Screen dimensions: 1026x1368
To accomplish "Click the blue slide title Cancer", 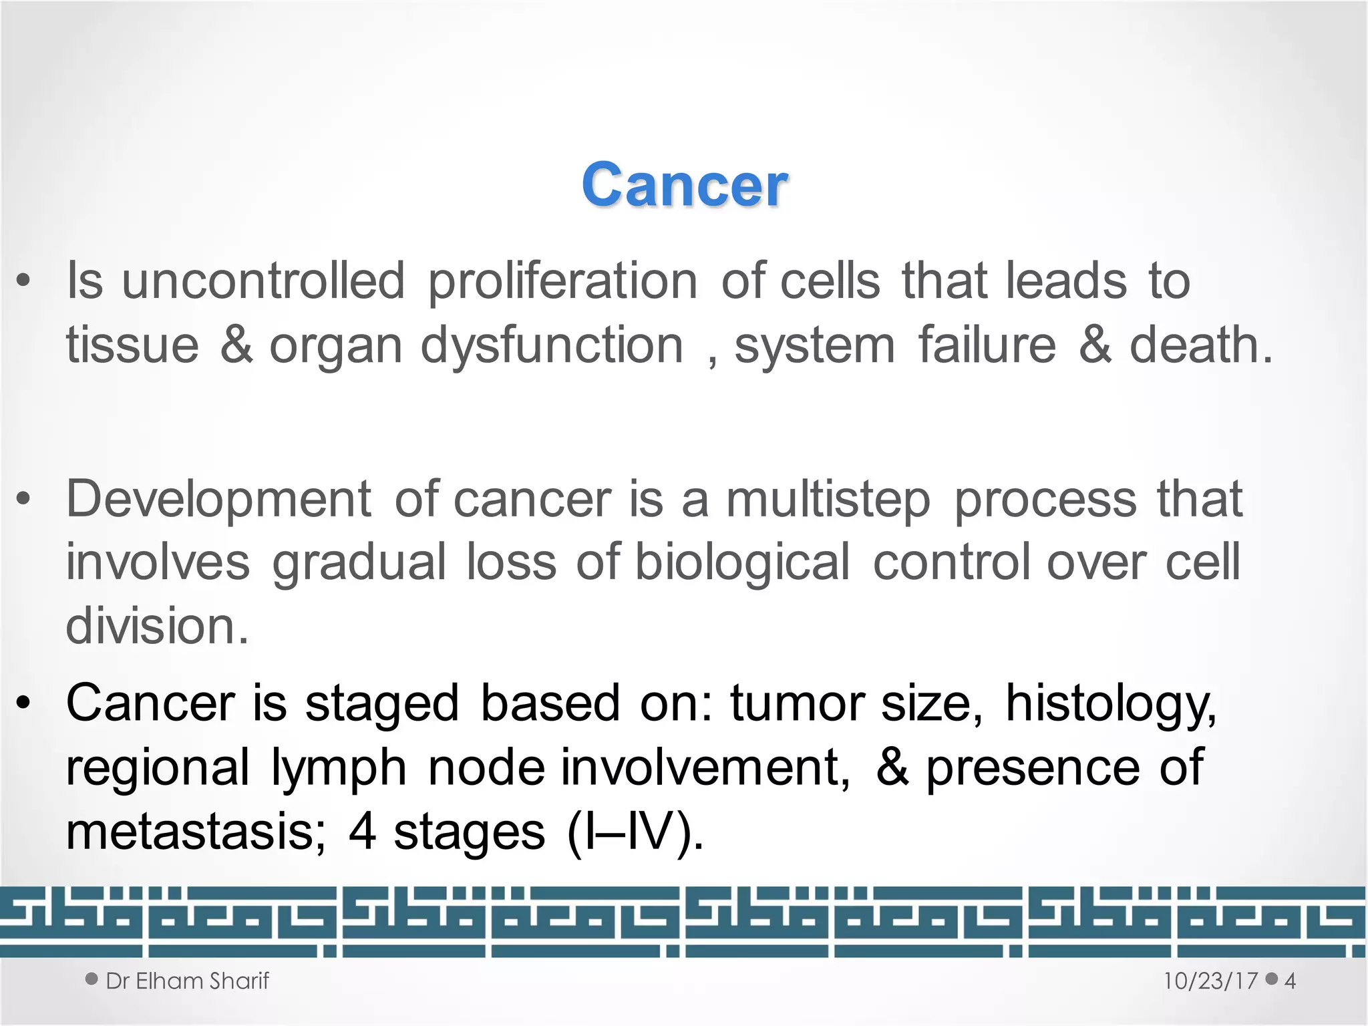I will pyautogui.click(x=684, y=185).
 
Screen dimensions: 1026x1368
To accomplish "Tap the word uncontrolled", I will pyautogui.click(x=263, y=281).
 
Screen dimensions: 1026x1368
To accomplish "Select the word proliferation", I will pyautogui.click(x=562, y=282).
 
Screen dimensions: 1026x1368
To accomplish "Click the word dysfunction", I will pyautogui.click(x=552, y=346).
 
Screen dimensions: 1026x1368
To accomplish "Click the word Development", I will pyautogui.click(x=218, y=499).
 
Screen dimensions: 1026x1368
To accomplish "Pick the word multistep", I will pyautogui.click(x=828, y=500).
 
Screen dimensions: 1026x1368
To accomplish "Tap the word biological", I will pyautogui.click(x=742, y=562).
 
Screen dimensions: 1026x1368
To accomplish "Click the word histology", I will pyautogui.click(x=1111, y=704).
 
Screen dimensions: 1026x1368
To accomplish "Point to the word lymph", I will pyautogui.click(x=339, y=768).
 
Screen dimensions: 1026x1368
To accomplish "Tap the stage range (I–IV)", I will pyautogui.click(x=635, y=832).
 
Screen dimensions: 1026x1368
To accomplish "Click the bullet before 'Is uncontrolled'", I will pyautogui.click(x=23, y=281).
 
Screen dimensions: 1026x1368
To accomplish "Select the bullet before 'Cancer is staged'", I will pyautogui.click(x=23, y=703).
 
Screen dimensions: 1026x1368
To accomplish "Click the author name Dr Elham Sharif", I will pyautogui.click(x=187, y=981).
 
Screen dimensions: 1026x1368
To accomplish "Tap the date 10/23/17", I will pyautogui.click(x=1210, y=981).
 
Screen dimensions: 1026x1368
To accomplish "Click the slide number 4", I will pyautogui.click(x=1290, y=981).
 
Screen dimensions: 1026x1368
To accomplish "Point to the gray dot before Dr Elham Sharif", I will pyautogui.click(x=92, y=979).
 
